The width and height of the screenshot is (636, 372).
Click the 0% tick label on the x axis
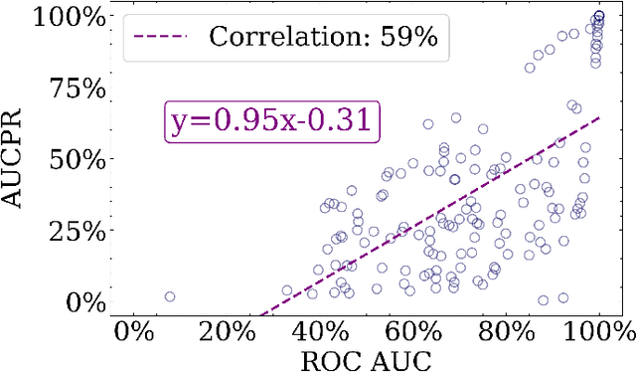click(x=134, y=332)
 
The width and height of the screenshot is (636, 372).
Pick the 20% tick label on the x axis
click(x=228, y=332)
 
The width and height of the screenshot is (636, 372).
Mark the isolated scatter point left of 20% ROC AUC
click(x=169, y=296)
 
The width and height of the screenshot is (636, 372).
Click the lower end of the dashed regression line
click(x=258, y=315)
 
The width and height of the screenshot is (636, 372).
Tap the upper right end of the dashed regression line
click(x=599, y=117)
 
